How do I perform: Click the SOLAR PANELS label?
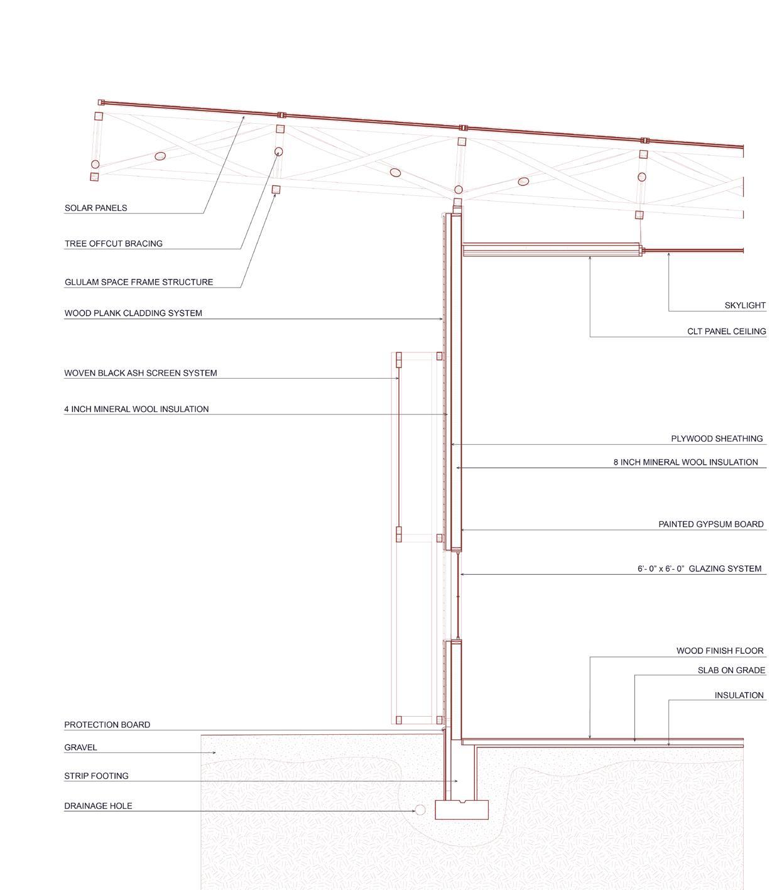95,208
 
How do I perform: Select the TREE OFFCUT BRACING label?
113,244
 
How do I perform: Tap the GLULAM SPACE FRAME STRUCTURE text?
138,283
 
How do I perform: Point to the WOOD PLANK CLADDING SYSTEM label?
133,313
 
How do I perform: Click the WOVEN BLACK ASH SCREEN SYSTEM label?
140,373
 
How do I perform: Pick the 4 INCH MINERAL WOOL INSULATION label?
136,410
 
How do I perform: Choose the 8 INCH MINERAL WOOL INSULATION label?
685,462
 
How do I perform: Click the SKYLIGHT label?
745,306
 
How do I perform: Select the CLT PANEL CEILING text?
726,332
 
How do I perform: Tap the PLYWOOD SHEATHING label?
717,439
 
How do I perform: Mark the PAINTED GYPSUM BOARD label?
711,524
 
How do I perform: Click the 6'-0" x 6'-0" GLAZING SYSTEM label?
699,569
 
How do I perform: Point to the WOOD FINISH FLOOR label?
720,651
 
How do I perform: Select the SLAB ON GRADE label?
731,671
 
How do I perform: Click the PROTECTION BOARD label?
107,725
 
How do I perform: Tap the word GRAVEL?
80,748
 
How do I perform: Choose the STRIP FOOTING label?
96,776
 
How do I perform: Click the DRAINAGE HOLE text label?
98,806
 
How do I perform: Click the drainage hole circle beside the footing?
420,811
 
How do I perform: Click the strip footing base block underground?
462,810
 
